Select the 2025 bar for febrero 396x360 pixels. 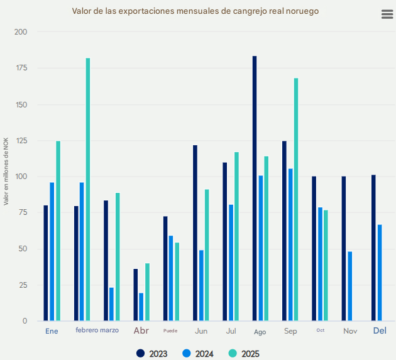click(x=88, y=188)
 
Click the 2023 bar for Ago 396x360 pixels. click(x=255, y=188)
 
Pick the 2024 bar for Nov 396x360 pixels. click(x=350, y=286)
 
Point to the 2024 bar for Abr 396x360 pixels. click(x=141, y=307)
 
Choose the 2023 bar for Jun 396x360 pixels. click(x=195, y=232)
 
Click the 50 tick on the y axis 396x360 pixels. click(x=23, y=249)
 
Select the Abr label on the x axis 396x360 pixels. click(x=141, y=330)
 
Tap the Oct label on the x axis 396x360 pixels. click(x=321, y=330)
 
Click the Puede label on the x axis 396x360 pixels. click(x=170, y=330)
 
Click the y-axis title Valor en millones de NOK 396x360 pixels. click(x=6, y=171)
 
